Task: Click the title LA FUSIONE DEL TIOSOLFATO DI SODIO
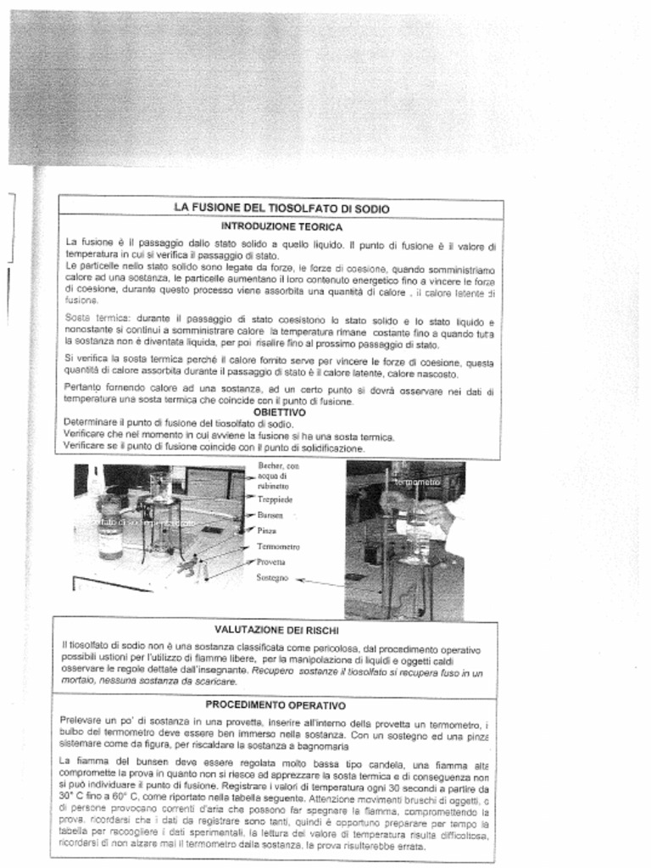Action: point(281,208)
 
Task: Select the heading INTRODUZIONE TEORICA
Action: point(281,226)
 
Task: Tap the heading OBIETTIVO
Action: point(279,412)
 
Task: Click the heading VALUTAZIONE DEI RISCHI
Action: point(276,630)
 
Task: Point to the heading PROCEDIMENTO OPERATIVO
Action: point(275,704)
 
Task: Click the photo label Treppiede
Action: point(275,500)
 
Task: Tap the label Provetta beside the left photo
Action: point(270,562)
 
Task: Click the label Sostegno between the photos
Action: point(272,577)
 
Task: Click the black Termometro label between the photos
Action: point(278,547)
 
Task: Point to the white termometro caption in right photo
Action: point(417,481)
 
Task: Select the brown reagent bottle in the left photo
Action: point(109,530)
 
